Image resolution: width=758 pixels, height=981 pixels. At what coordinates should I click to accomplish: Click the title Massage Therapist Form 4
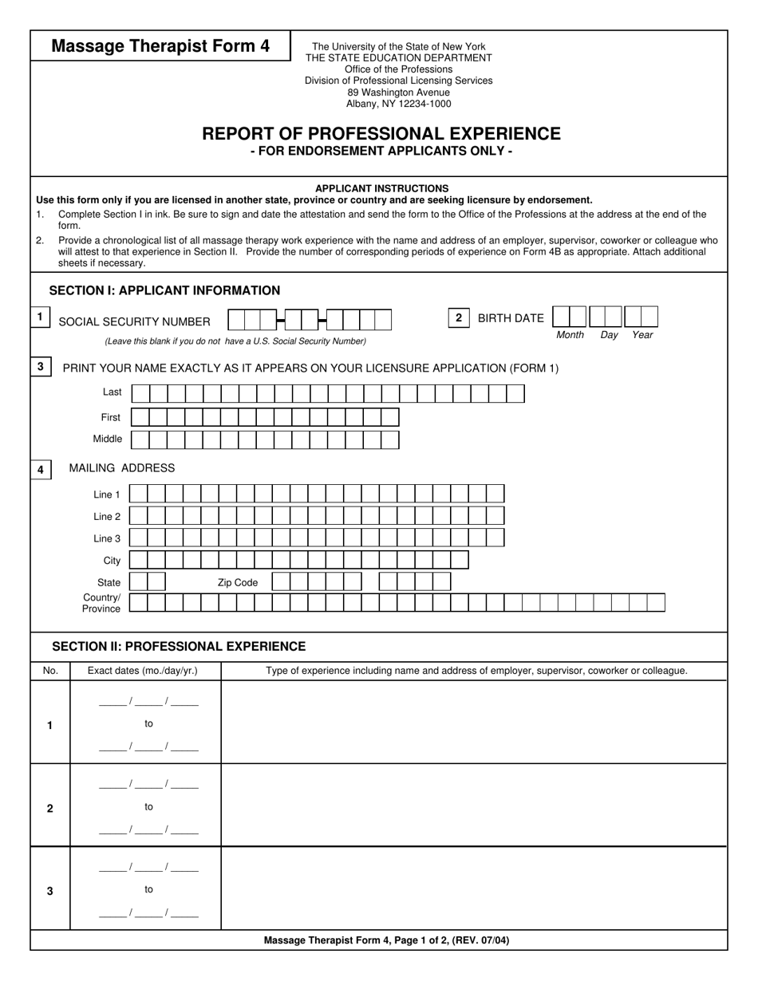pyautogui.click(x=160, y=46)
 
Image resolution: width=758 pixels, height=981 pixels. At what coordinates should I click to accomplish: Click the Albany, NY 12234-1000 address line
pyautogui.click(x=398, y=104)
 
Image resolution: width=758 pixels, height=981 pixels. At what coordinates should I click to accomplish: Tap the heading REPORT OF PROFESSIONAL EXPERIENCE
pyautogui.click(x=381, y=134)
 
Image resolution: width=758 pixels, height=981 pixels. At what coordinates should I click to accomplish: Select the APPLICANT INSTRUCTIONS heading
pyautogui.click(x=381, y=188)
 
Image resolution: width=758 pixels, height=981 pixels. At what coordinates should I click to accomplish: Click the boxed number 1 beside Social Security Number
pyautogui.click(x=40, y=317)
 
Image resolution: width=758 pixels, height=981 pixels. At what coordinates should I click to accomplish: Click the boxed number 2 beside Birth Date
pyautogui.click(x=458, y=317)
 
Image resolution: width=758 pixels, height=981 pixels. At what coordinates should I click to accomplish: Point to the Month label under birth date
pyautogui.click(x=570, y=335)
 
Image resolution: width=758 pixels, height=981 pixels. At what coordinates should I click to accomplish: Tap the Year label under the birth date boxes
pyautogui.click(x=642, y=335)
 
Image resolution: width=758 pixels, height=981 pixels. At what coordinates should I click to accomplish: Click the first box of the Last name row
pyautogui.click(x=140, y=393)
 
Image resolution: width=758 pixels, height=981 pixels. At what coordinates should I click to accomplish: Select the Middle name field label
pyautogui.click(x=108, y=439)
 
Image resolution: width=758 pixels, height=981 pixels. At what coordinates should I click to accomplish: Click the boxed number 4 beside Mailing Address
pyautogui.click(x=41, y=470)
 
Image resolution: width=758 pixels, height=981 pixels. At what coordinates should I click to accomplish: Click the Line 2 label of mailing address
pyautogui.click(x=107, y=517)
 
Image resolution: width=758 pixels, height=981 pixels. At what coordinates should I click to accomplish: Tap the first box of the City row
pyautogui.click(x=138, y=560)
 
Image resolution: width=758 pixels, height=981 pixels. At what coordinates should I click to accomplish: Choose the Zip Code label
pyautogui.click(x=238, y=583)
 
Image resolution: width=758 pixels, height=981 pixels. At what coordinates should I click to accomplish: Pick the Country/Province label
pyautogui.click(x=101, y=603)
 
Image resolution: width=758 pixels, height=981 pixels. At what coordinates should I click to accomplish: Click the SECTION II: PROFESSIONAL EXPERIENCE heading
pyautogui.click(x=179, y=646)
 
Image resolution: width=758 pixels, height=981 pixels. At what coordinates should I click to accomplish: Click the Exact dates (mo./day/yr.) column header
pyautogui.click(x=143, y=671)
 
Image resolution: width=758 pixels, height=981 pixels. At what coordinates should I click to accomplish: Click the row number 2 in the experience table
pyautogui.click(x=50, y=808)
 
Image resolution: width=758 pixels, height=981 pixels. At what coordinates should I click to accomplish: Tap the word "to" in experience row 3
pyautogui.click(x=148, y=889)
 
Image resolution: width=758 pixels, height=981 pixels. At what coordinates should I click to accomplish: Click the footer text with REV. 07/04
pyautogui.click(x=386, y=940)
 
